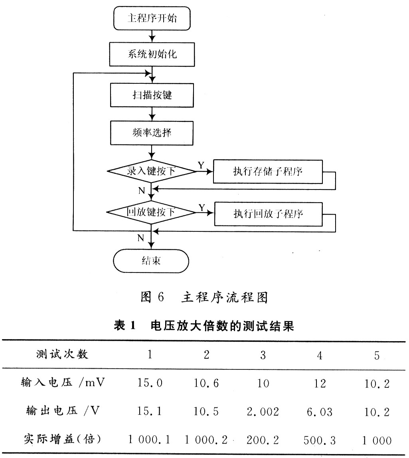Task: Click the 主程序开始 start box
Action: point(152,19)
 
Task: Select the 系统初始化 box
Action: point(152,54)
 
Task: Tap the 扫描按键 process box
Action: point(152,95)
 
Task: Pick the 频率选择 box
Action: point(152,133)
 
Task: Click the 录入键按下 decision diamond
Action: point(151,171)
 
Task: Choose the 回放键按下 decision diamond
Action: point(151,212)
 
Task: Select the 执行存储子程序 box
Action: point(268,172)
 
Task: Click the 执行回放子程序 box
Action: point(269,214)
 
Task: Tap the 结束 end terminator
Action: point(151,261)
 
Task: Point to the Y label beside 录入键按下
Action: point(201,165)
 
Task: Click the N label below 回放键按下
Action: point(141,238)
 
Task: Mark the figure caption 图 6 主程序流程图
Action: point(204,297)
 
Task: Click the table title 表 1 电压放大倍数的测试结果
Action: point(204,326)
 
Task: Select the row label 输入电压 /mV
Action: point(63,382)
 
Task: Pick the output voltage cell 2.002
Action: point(263,412)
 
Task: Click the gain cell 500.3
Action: point(320,440)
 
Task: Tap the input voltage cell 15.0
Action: point(150,383)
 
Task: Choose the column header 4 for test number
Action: point(320,355)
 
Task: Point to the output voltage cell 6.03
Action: point(320,412)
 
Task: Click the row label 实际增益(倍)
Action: point(63,439)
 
